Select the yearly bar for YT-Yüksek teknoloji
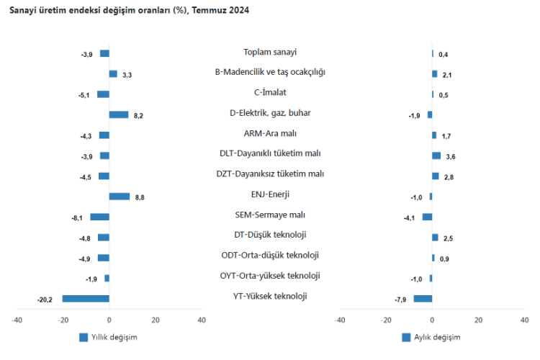(86, 299)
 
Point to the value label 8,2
(139, 115)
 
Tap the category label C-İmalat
(271, 93)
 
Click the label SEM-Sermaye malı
(271, 215)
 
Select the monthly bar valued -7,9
(423, 299)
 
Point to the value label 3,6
(450, 156)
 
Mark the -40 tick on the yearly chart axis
(17, 320)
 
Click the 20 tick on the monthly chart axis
(478, 320)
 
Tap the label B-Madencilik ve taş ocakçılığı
(271, 72)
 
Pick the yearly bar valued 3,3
(113, 74)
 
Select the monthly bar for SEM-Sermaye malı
(427, 217)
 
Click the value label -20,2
(45, 300)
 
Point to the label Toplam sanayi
(271, 52)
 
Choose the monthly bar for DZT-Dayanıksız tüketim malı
(436, 176)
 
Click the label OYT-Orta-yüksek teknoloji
(271, 276)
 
